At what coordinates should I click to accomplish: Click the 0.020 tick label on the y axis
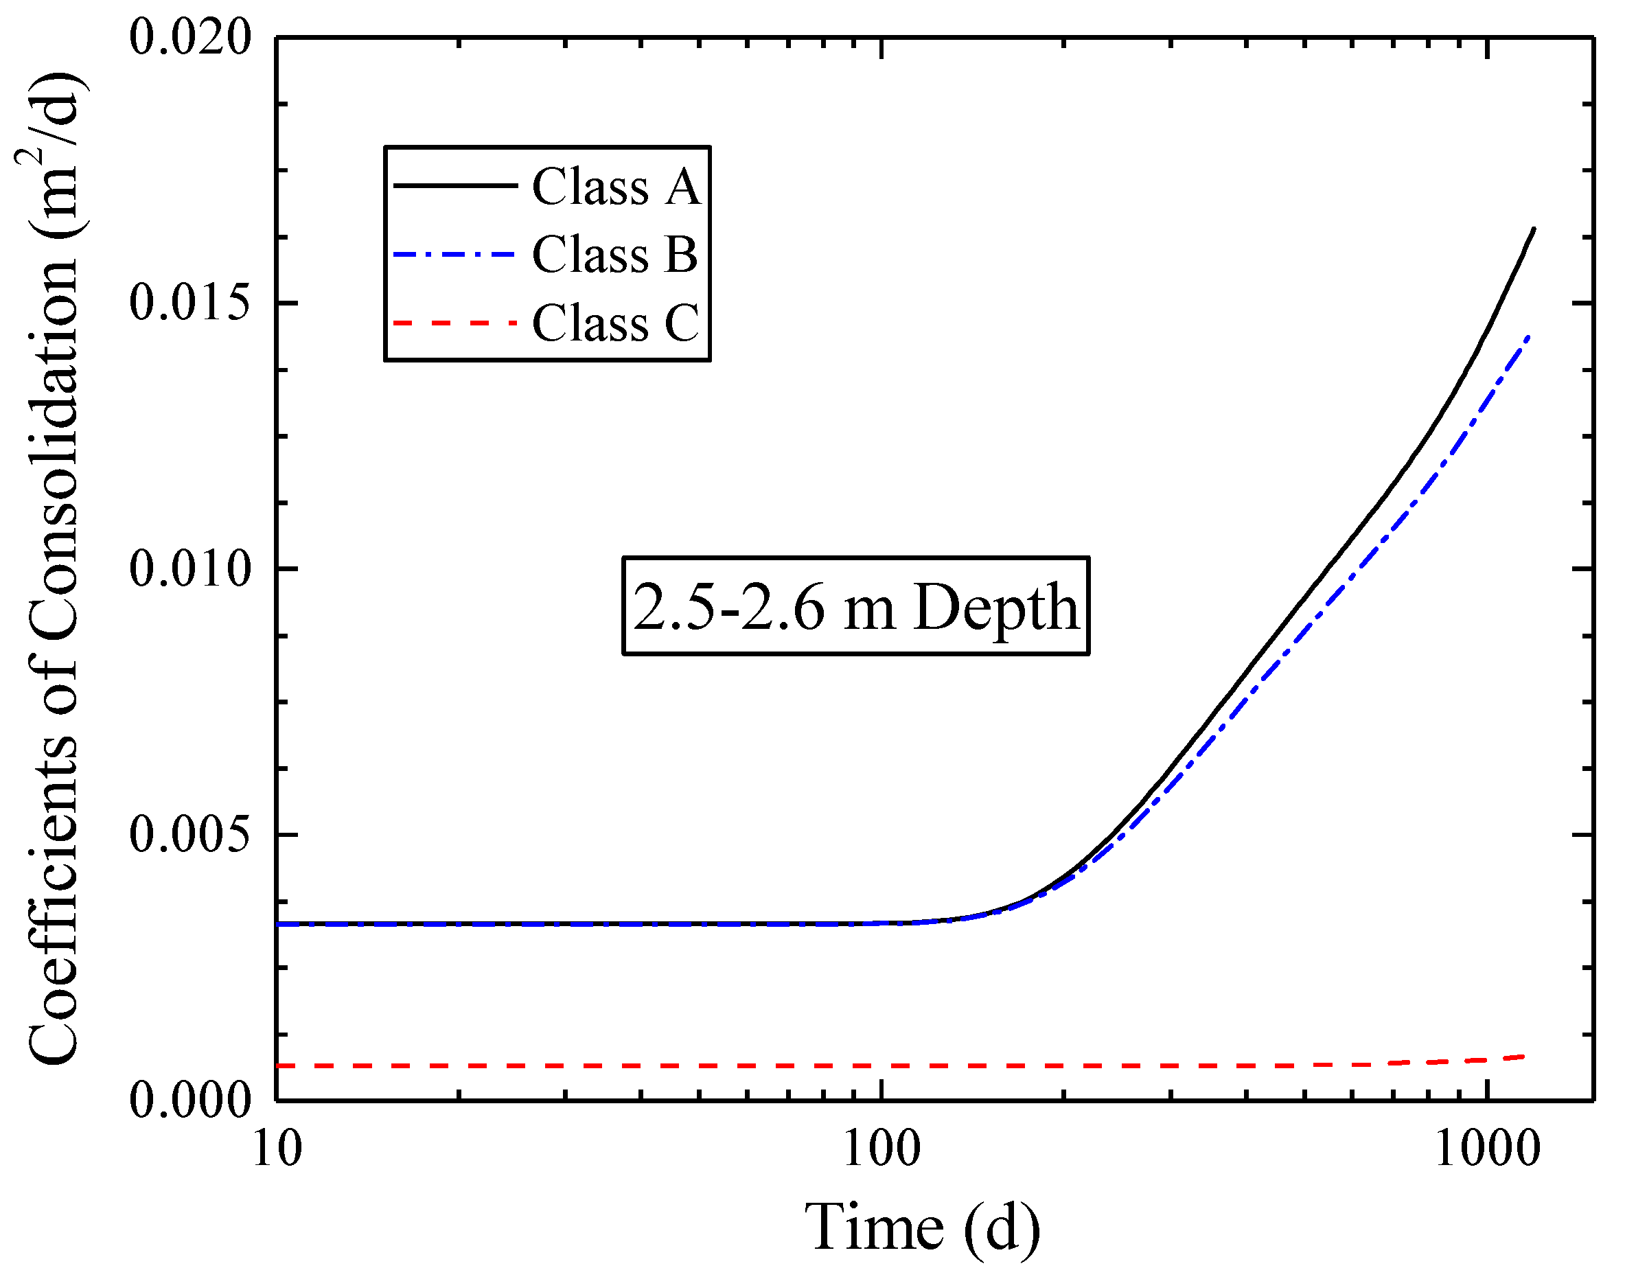190,38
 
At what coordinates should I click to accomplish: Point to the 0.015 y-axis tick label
190,303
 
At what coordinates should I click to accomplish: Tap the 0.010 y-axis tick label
190,568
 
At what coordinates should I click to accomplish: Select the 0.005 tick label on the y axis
190,834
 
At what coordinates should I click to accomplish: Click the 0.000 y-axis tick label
190,1100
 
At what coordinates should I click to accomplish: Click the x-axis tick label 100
881,1149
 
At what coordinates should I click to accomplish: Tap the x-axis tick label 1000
1486,1149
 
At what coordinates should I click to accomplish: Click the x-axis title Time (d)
922,1228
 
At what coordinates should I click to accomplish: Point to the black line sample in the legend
455,185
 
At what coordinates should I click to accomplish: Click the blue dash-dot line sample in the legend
455,254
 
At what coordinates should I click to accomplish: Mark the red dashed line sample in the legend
455,323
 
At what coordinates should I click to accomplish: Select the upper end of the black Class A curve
1534,229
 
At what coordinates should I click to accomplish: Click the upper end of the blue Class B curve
1528,338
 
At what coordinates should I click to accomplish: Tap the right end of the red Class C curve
1523,1057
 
